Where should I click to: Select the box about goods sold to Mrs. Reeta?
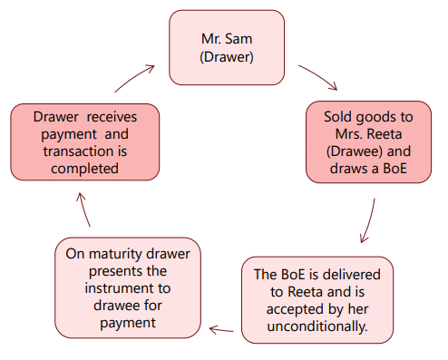click(x=367, y=143)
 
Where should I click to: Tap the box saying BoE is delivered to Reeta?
click(x=317, y=299)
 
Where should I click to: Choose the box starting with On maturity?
click(x=127, y=287)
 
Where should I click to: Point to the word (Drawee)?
click(x=344, y=151)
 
